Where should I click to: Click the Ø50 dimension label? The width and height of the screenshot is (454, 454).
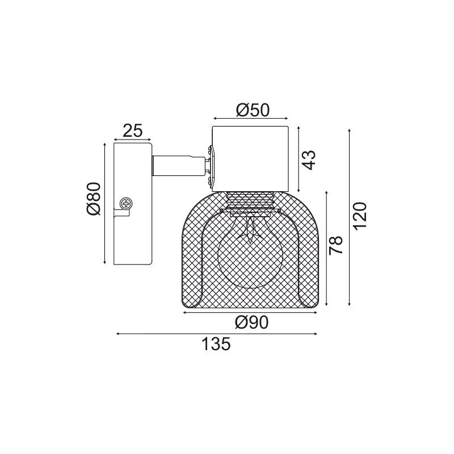[x=253, y=110]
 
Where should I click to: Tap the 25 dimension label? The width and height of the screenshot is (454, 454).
[x=133, y=131]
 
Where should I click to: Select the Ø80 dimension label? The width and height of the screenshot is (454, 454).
[x=94, y=199]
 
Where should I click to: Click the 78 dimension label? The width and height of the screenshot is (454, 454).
[x=336, y=245]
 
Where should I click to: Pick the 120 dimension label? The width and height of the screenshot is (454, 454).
[x=360, y=216]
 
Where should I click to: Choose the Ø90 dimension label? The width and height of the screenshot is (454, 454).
[x=251, y=322]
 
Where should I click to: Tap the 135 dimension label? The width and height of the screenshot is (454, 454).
[x=216, y=344]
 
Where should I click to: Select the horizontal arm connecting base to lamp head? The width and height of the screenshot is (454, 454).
[x=179, y=166]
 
